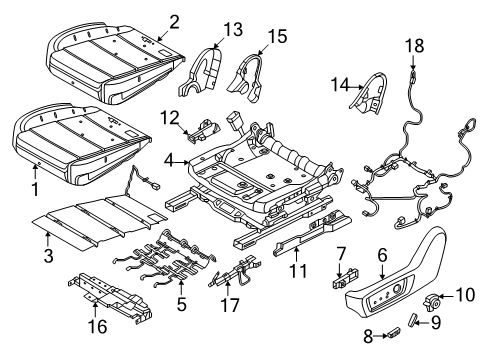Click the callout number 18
point(413,44)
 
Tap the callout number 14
point(339,87)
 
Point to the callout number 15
point(277,36)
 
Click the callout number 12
point(168,118)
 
